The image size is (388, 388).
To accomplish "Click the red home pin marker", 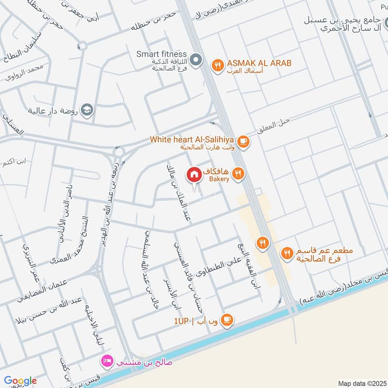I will [194, 174].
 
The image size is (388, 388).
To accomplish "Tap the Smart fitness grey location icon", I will [196, 61].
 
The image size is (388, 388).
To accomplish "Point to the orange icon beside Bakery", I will [238, 174].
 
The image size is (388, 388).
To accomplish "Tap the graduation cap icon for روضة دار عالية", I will [87, 109].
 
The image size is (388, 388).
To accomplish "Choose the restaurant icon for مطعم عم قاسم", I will [287, 253].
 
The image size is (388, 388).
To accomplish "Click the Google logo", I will [20, 381].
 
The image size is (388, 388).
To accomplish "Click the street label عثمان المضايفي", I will [44, 289].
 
